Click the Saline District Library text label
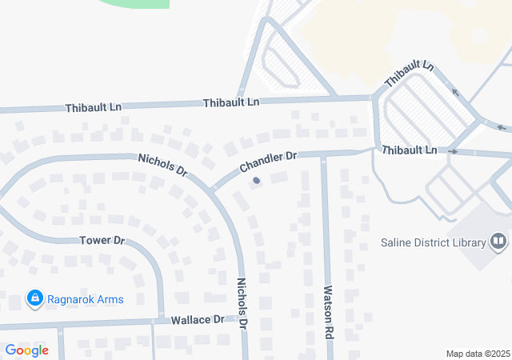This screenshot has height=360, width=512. click(x=434, y=243)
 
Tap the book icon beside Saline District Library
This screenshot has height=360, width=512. click(x=498, y=242)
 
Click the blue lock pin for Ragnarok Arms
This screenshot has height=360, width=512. click(x=35, y=299)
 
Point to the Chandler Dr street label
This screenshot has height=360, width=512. click(x=267, y=162)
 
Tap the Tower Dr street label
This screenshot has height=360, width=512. click(x=103, y=240)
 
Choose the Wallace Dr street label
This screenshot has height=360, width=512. click(x=198, y=319)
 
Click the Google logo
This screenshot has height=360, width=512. click(x=26, y=350)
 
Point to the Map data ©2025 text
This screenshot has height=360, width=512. click(x=478, y=354)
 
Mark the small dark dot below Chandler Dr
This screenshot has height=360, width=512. click(x=256, y=181)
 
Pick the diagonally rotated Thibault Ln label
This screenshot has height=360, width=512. click(x=408, y=74)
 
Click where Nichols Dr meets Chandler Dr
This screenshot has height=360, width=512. click(x=213, y=189)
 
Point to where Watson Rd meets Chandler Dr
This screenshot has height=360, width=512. click(x=323, y=154)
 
